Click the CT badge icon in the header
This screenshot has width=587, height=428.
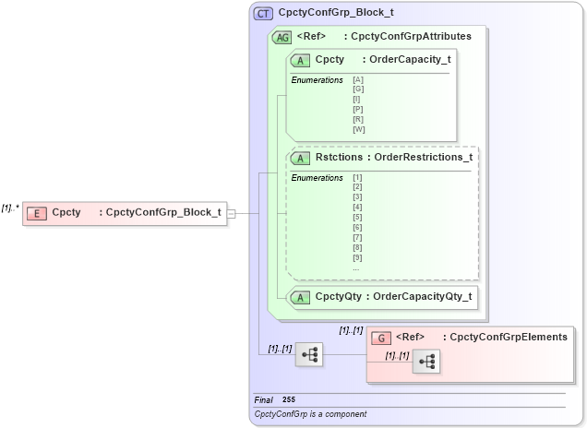263,14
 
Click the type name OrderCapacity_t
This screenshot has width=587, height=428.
410,60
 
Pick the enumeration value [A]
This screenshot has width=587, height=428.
358,80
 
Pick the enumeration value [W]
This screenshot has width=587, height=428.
358,129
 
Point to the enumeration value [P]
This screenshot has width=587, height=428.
358,110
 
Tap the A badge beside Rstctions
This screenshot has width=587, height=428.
301,158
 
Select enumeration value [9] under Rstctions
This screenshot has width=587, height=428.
357,257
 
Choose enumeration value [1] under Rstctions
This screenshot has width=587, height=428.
357,177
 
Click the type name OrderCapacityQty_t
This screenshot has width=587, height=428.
422,297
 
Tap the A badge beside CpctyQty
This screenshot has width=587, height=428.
301,297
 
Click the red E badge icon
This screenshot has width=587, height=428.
37,213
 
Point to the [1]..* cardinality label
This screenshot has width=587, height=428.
10,208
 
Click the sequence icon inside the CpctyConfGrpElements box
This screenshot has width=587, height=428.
426,363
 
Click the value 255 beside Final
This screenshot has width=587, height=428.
289,400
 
